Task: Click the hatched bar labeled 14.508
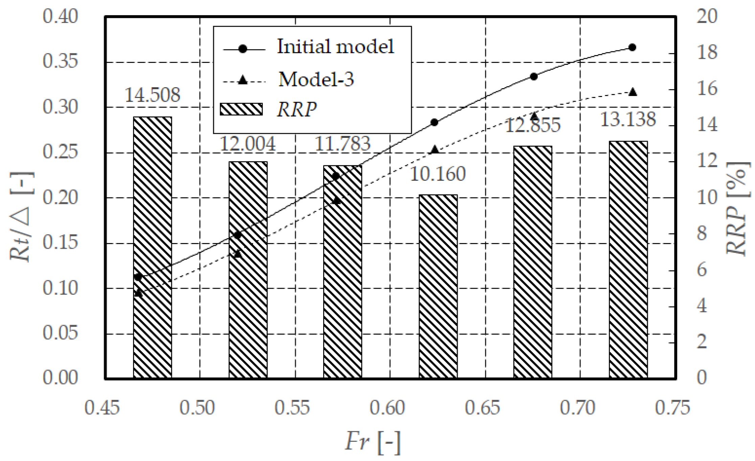tap(152, 247)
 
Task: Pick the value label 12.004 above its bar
tap(248, 144)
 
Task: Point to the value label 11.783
tap(342, 144)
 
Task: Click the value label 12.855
tap(533, 125)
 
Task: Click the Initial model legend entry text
tap(335, 47)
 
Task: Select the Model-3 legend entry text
tap(316, 79)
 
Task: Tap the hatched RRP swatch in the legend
tap(241, 109)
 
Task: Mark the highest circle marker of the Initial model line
tap(632, 48)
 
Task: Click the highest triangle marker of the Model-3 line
tap(632, 92)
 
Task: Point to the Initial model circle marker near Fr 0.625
tap(435, 122)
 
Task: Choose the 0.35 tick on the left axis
tap(60, 62)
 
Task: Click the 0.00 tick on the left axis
tap(60, 377)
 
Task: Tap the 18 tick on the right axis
tap(707, 52)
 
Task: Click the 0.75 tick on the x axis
tap(672, 408)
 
